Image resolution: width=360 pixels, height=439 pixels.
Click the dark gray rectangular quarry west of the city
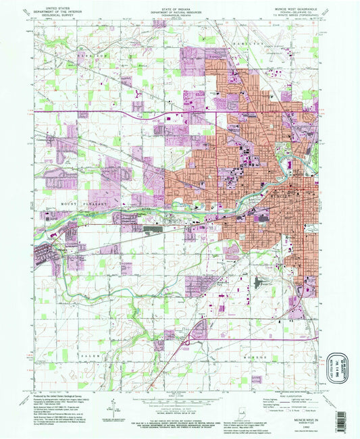click(154, 230)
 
